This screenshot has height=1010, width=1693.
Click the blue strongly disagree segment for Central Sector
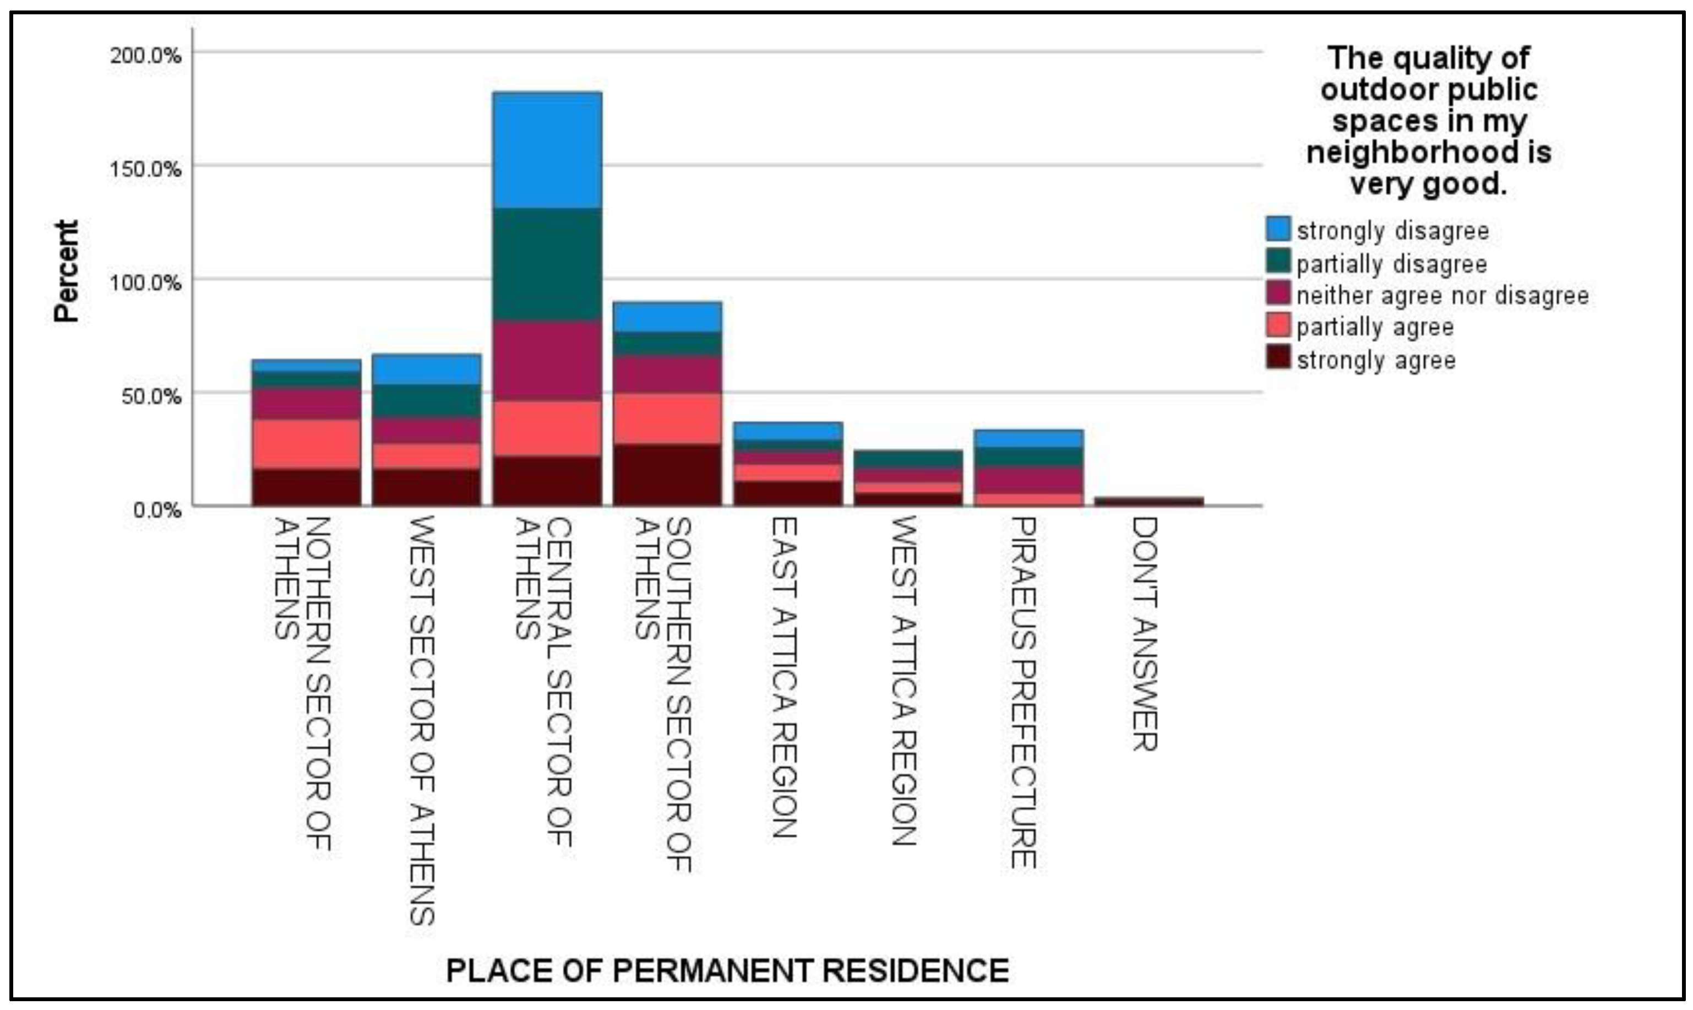coord(547,150)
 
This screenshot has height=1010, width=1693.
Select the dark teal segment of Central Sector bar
coord(547,264)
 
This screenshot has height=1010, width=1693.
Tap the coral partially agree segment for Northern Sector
coord(306,444)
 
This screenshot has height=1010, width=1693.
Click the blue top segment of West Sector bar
coord(427,369)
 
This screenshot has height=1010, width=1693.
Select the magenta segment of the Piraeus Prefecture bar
coord(1028,480)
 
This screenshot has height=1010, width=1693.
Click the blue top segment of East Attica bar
coord(788,431)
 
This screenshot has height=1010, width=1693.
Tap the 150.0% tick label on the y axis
coord(145,169)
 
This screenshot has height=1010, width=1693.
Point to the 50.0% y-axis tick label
coord(151,396)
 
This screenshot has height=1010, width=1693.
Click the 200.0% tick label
coord(145,55)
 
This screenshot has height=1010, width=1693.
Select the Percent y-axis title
coord(67,271)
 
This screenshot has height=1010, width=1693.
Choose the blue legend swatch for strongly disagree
coord(1277,229)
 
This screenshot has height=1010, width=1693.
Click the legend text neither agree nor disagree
coord(1442,295)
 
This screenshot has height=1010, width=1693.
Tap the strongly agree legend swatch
coord(1277,357)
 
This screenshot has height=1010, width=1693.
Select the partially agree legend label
coord(1375,327)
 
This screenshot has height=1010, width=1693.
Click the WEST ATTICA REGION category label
coord(903,681)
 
